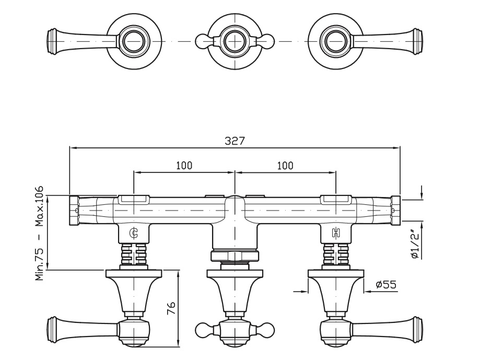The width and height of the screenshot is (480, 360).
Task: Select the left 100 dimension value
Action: (x=184, y=166)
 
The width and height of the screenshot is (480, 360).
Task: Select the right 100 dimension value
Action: (x=285, y=166)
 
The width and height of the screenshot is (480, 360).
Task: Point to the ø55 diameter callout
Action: (x=385, y=285)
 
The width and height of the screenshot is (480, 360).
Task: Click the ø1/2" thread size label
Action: (x=414, y=245)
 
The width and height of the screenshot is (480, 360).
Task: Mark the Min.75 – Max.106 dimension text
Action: (x=39, y=234)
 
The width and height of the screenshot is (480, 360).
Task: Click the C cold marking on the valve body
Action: (x=134, y=234)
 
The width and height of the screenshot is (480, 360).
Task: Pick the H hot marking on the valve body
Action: (x=335, y=234)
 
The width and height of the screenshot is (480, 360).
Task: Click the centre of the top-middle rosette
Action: (x=235, y=40)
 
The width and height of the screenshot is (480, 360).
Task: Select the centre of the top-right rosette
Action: (x=336, y=40)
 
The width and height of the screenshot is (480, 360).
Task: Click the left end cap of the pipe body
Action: (x=74, y=210)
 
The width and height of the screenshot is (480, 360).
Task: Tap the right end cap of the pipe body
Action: (x=396, y=210)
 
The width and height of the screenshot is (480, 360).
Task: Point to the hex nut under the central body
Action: (x=235, y=256)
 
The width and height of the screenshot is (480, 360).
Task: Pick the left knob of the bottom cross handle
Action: (x=202, y=330)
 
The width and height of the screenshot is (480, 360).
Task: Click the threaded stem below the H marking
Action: (x=335, y=255)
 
